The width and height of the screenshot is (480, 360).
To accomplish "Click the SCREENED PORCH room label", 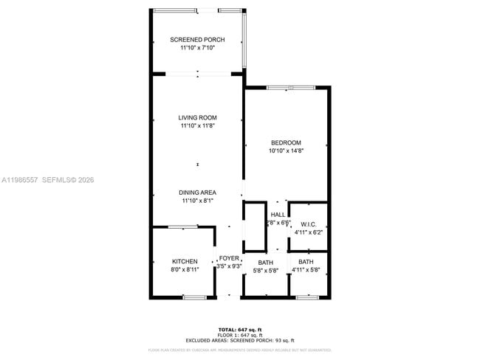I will click(197, 40).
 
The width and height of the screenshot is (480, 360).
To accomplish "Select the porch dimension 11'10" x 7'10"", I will click(197, 48).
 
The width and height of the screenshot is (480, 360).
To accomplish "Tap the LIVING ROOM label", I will click(197, 118).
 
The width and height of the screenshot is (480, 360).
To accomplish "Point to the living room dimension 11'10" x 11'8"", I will click(197, 126).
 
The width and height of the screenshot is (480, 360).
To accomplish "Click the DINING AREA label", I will click(197, 193).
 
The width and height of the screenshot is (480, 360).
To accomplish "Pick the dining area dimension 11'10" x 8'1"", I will click(197, 201).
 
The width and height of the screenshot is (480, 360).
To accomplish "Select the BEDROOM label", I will click(287, 142).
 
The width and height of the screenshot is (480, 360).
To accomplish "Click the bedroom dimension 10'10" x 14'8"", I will click(287, 150).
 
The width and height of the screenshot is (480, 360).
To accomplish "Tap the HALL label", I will click(277, 215).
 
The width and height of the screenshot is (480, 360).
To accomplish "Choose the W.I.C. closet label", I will click(309, 224).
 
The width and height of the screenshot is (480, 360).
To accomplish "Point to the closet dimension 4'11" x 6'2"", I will click(309, 232).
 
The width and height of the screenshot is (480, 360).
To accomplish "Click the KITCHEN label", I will click(185, 262).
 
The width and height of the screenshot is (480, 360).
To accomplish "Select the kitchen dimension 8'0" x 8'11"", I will click(185, 270).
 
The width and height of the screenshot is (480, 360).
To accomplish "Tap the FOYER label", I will click(229, 258).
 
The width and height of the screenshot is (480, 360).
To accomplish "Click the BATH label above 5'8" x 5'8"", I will click(266, 263).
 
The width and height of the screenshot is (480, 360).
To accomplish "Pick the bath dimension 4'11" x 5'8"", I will click(306, 271).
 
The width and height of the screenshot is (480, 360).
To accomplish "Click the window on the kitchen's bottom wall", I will click(194, 297).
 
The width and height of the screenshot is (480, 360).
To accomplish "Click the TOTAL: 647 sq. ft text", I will click(240, 329).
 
